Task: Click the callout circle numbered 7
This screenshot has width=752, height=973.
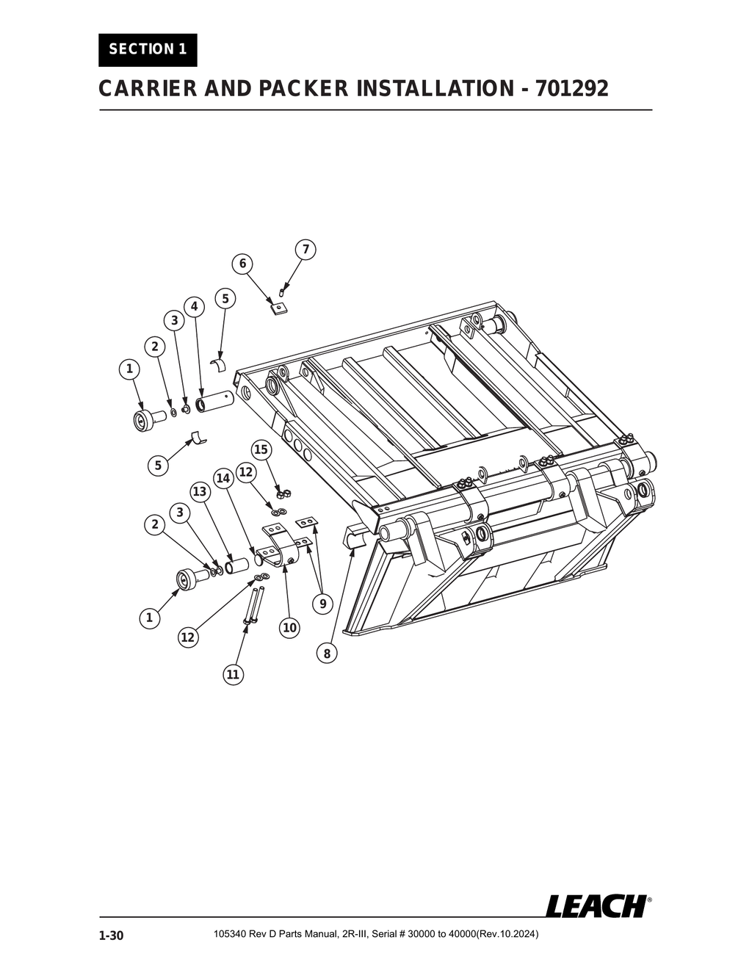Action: tap(305, 249)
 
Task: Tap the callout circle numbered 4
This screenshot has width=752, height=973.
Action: tap(194, 305)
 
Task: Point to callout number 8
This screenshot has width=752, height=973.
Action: tap(327, 652)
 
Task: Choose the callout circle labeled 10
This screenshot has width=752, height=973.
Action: tap(289, 627)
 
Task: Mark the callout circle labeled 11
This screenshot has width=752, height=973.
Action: tap(233, 674)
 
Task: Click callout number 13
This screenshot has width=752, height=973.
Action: tap(199, 491)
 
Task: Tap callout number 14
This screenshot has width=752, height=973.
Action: tap(224, 479)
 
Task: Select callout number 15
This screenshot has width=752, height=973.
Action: tap(261, 449)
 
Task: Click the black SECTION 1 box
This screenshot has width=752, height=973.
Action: tap(148, 50)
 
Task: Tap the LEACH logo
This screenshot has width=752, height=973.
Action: tap(596, 905)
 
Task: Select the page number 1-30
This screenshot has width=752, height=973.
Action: tap(112, 936)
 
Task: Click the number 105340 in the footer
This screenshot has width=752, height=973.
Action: tap(228, 934)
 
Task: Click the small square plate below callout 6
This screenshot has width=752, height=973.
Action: tap(277, 308)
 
